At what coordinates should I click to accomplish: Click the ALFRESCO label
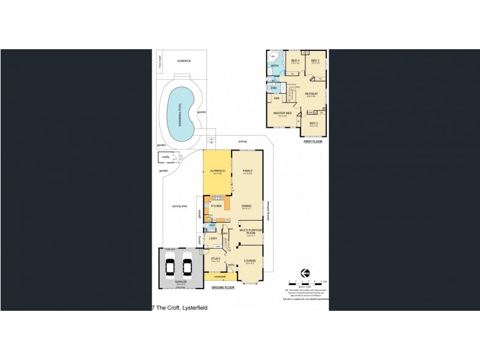pos(217,172)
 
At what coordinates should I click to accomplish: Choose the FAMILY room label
pos(247,172)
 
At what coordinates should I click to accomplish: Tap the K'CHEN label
pos(216,206)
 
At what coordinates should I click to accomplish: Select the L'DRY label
pos(213,239)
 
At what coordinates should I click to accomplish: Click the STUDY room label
pos(215,259)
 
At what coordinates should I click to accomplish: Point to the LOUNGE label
pos(250,260)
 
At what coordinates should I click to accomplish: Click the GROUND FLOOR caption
pos(223,288)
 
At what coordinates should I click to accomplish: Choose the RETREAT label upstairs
pos(311,94)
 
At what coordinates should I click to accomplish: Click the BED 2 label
pos(313,124)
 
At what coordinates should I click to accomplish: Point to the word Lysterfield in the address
pos(193,307)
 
